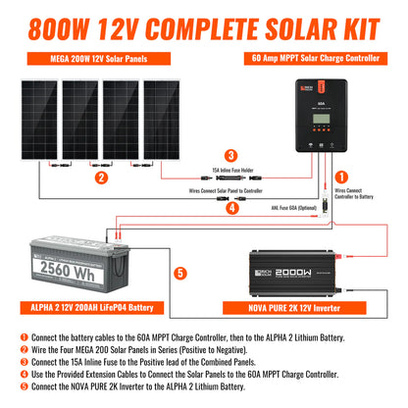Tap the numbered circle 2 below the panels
101,178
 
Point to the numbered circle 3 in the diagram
229,155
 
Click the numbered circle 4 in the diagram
230,208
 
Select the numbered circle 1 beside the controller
343,177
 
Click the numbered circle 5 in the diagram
178,274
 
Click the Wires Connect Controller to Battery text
355,194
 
